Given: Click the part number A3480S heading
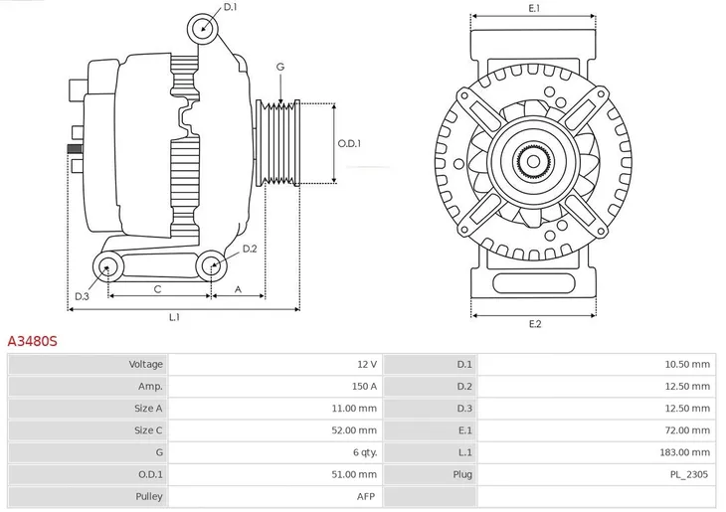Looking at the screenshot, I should (x=33, y=341).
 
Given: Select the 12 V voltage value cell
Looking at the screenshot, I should (x=366, y=364).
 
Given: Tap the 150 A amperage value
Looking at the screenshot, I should (x=364, y=386).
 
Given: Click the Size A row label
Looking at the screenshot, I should (x=147, y=408).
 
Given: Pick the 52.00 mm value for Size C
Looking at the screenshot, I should (x=356, y=429).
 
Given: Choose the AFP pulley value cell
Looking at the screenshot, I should (x=367, y=495).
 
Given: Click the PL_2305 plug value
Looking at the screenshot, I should (x=689, y=473).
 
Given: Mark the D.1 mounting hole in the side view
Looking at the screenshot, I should (x=203, y=27).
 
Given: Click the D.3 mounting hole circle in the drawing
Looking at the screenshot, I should (x=107, y=265).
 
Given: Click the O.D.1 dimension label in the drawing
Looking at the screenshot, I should (x=349, y=143).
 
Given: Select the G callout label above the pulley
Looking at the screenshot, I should (x=280, y=67).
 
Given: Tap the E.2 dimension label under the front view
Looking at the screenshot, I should (x=534, y=325).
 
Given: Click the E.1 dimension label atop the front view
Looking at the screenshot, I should (x=534, y=8).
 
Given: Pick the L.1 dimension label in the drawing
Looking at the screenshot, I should (x=174, y=317).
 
